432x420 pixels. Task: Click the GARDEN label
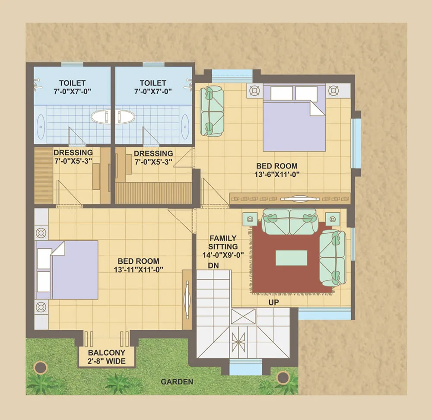pos(177,382)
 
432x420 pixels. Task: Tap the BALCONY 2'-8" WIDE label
pos(107,357)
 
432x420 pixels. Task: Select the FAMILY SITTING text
pos(223,242)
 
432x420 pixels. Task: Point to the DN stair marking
pos(213,266)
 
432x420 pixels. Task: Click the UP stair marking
pos(273,302)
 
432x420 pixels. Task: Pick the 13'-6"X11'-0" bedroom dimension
pos(277,174)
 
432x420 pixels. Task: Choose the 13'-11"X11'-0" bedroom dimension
pos(139,269)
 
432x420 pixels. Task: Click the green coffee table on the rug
pos(292,258)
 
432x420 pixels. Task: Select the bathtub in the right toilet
pos(125,117)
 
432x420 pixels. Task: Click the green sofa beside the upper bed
pos(212,111)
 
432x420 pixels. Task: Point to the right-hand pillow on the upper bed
pos(306,93)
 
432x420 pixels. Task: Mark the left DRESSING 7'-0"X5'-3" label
pos(73,156)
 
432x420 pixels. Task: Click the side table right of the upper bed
pos(333,90)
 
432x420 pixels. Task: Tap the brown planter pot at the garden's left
pos(41,367)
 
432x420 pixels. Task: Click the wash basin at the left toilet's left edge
pos(41,127)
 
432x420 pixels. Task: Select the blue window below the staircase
pos(245,367)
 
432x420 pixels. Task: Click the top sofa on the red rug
pos(289,222)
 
